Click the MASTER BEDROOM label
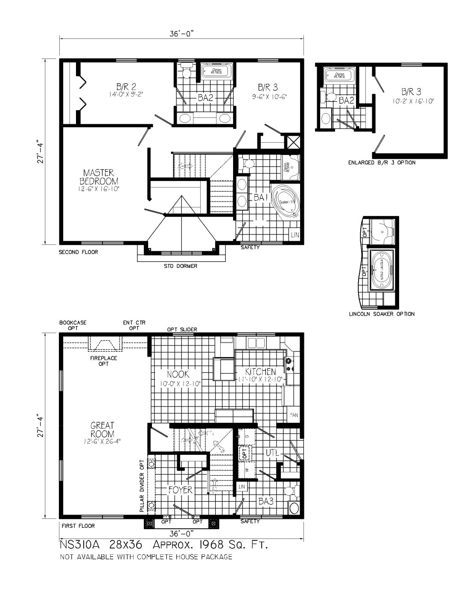point(99,176)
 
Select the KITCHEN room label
point(260,372)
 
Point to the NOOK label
point(178,374)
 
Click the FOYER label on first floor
point(180,490)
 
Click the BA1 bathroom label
point(261,197)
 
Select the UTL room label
point(272,453)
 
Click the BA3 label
point(266,501)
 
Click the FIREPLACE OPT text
point(103,361)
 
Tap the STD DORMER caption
point(181,266)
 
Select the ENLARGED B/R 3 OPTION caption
point(382,163)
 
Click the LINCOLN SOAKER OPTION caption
point(382,314)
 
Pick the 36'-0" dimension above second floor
point(182,34)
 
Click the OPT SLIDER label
point(182,329)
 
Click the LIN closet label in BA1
point(295,235)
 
